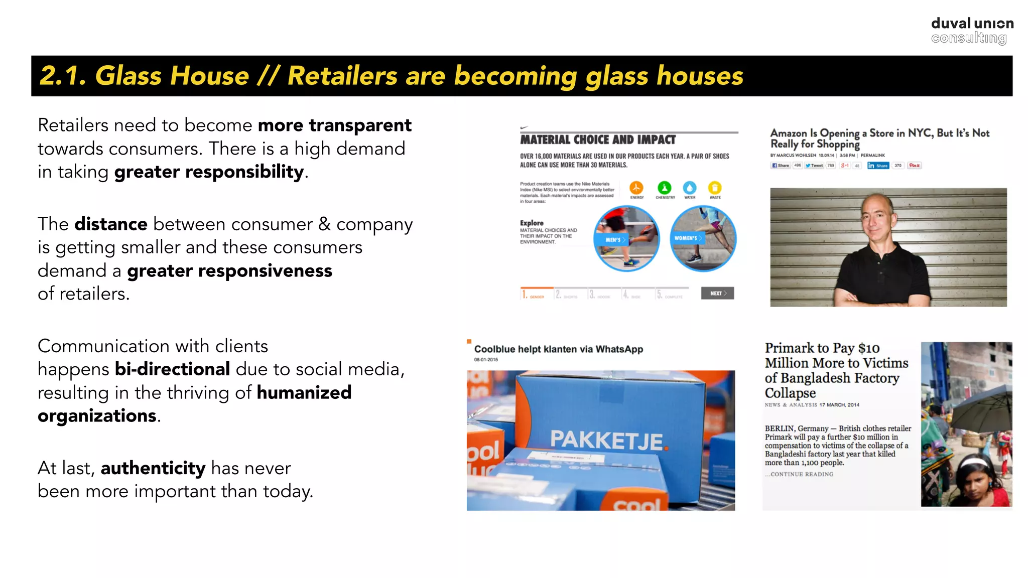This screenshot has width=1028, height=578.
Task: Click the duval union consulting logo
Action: point(972,31)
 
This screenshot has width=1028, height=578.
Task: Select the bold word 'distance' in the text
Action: point(111,224)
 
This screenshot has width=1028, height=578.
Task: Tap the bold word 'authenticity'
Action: point(153,468)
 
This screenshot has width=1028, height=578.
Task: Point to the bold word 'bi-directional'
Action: point(172,369)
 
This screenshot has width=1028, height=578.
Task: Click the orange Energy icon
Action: point(636,188)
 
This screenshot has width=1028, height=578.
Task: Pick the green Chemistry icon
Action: point(664,188)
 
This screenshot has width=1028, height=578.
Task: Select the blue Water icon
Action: point(690,188)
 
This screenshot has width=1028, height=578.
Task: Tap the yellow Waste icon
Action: point(715,188)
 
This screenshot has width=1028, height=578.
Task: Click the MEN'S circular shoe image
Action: point(626,238)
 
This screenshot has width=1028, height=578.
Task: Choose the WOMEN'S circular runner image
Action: point(703,238)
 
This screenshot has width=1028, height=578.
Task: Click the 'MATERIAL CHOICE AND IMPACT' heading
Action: point(598,139)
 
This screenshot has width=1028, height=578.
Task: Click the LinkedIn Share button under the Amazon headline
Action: point(878,166)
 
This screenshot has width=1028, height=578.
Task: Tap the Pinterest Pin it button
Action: point(914,166)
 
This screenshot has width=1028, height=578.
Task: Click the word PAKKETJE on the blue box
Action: point(607,440)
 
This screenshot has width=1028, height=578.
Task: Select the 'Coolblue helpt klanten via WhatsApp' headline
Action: point(558,349)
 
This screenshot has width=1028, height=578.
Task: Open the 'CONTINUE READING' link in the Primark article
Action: point(801,474)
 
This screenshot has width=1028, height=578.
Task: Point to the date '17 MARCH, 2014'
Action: point(839,405)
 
